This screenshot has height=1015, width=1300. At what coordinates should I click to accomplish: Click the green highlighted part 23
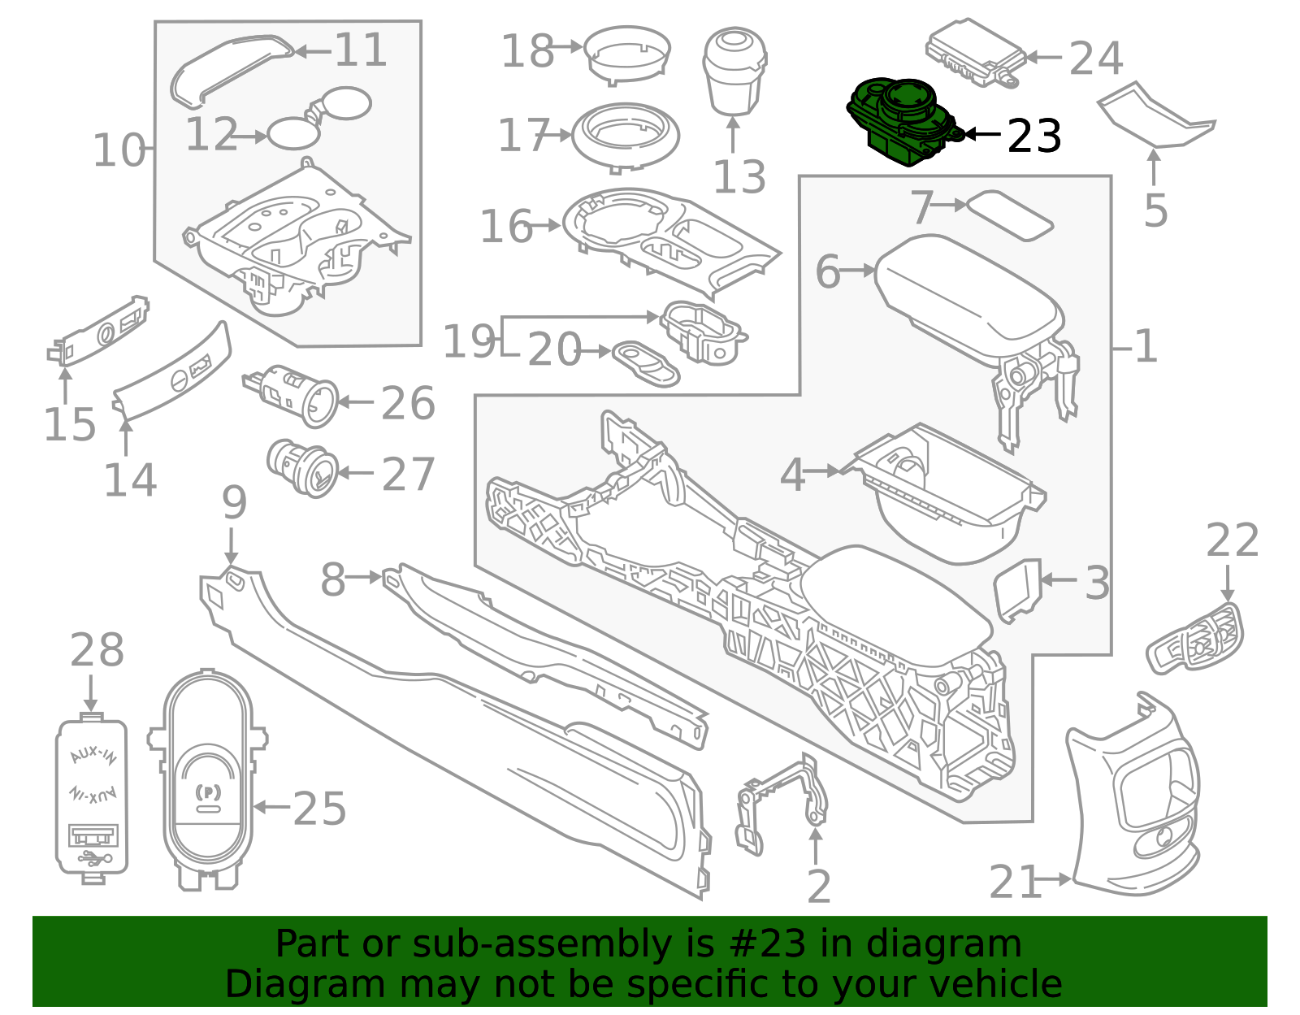pos(903,123)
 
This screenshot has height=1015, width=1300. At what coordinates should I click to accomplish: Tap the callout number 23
pos(1034,137)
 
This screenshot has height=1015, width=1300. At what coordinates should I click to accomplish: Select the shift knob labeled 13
pos(734,70)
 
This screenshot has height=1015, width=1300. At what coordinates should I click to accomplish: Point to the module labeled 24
pos(976,53)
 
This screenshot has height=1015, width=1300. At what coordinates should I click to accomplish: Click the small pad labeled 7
pos(1009,215)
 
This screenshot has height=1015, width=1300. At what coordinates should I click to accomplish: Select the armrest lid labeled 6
pos(969,296)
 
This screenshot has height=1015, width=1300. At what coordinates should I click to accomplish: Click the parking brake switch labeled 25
pos(207,780)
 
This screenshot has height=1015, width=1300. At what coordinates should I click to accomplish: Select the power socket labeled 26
pos(292,396)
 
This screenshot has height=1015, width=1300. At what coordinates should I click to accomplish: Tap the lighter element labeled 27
pos(302,468)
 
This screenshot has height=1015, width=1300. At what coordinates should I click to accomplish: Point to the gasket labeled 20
pos(646,363)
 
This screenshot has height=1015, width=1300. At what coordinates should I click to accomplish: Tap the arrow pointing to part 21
pos(1054,879)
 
